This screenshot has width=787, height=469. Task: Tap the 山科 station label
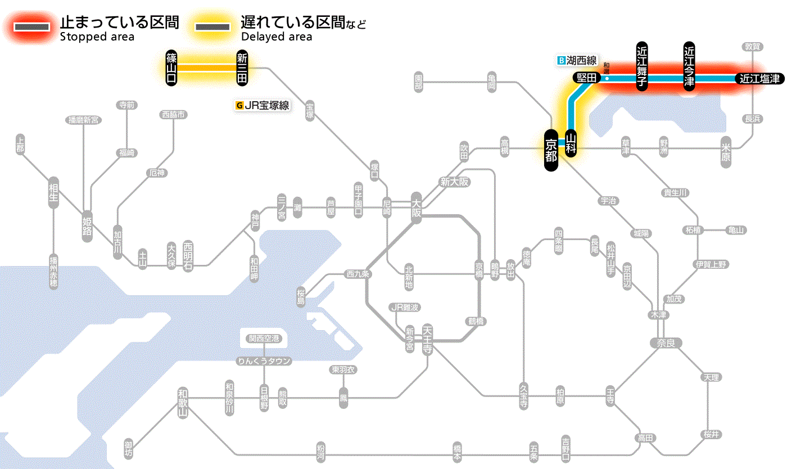[571, 143]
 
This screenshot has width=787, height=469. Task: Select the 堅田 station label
[586, 78]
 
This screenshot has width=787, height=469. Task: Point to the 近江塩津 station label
[759, 79]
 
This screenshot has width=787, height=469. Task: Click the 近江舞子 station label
[642, 66]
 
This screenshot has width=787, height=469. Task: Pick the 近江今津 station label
[689, 66]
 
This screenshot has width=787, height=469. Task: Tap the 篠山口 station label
[172, 67]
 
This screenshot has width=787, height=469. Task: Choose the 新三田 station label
[242, 67]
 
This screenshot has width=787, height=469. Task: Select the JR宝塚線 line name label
[263, 105]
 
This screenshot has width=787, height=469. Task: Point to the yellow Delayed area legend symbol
[212, 26]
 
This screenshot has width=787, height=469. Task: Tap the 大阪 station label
[416, 209]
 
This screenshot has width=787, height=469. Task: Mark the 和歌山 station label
[182, 402]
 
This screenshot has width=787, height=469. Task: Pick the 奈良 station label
[666, 342]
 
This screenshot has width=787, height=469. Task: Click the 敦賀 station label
[753, 47]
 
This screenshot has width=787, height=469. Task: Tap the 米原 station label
[726, 152]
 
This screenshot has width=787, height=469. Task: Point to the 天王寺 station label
[427, 340]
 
